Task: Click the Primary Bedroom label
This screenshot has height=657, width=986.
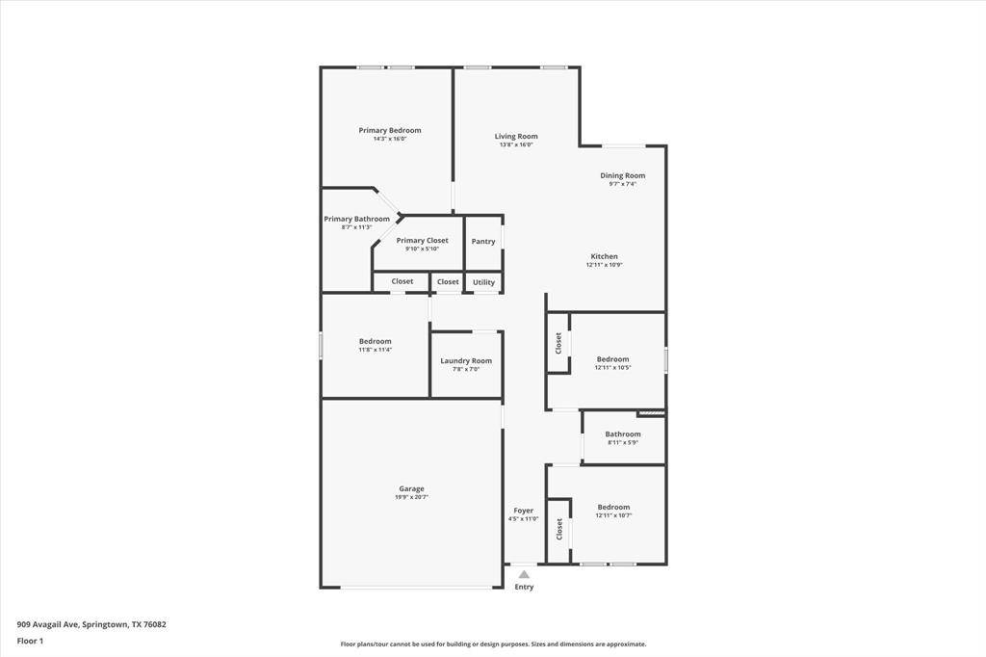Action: point(390,130)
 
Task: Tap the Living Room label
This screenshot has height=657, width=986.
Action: point(516,136)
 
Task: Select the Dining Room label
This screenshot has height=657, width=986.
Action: point(622,175)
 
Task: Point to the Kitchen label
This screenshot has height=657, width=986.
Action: point(604,256)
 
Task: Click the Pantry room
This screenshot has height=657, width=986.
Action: point(483,242)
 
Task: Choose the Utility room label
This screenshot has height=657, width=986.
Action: point(483,282)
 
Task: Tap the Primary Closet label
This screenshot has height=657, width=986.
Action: point(422,240)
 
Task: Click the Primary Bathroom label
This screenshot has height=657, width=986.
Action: point(356,219)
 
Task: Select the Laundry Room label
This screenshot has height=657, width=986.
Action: point(466,360)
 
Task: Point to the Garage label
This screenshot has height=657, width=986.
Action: point(411,488)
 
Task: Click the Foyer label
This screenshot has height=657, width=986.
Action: point(523,511)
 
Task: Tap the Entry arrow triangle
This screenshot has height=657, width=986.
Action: point(524,574)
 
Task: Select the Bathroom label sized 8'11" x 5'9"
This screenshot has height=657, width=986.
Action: point(623,434)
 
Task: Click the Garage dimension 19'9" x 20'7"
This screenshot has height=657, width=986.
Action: point(411,497)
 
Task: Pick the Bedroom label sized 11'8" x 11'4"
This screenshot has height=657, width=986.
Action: point(375,341)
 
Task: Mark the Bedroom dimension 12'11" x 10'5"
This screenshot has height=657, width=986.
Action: point(612,367)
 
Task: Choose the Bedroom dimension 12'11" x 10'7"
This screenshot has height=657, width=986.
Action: point(613,515)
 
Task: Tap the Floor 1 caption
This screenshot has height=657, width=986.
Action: point(30,641)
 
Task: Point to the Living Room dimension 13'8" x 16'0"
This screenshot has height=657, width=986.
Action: point(516,145)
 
